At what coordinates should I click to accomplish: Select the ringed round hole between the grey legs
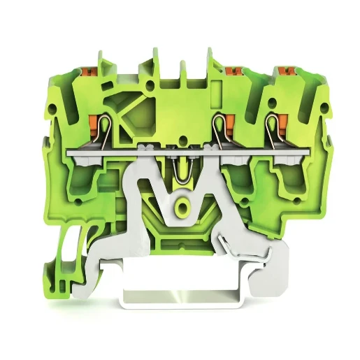(182, 207)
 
